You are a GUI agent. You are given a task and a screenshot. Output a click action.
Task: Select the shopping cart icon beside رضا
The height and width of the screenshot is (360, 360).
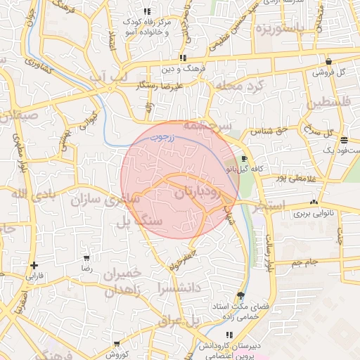coord(86,259)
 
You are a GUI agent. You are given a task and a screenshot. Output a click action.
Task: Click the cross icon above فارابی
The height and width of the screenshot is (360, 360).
coord(34,265)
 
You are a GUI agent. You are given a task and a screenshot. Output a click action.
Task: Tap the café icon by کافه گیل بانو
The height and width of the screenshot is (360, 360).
coord(244,159)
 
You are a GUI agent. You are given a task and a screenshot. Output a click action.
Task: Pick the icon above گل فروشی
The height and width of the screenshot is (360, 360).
coord(328,61)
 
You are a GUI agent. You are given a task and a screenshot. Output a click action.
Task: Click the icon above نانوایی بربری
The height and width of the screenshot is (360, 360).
coord(305,200)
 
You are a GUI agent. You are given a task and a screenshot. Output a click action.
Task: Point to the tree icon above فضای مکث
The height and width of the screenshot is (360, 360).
coord(241,296)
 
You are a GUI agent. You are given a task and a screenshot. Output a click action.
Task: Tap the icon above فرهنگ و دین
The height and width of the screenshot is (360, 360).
coord(183,58)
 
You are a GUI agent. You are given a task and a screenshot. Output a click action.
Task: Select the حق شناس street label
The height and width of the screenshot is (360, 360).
coord(273,131)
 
